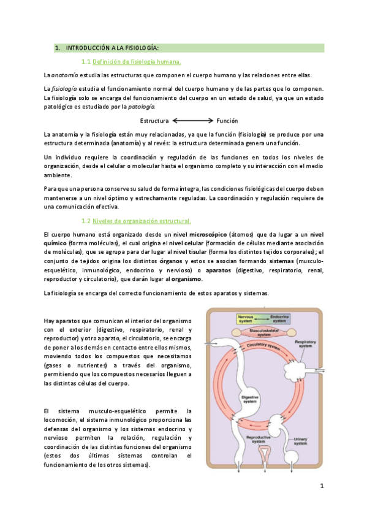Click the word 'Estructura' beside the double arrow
(154, 121)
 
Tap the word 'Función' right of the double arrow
(227, 121)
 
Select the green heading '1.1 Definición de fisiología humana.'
(131, 62)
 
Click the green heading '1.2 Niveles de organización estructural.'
(136, 221)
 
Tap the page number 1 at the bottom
(320, 486)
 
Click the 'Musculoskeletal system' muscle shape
(262, 333)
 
